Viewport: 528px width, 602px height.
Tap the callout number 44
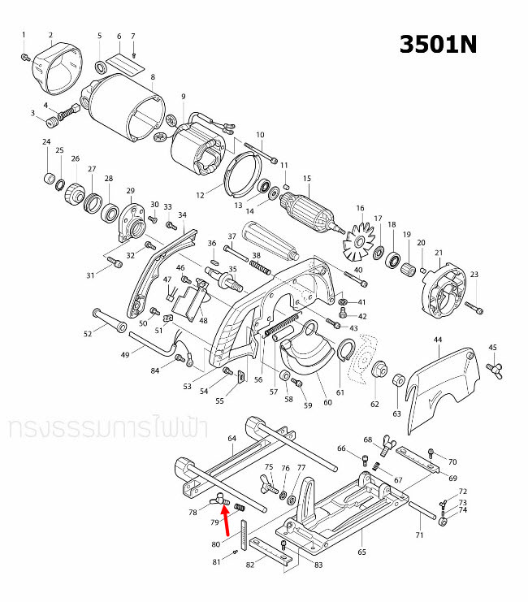[x=437, y=339]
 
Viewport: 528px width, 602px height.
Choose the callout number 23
[x=474, y=275]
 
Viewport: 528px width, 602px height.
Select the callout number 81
[x=216, y=561]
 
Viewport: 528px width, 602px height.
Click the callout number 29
[x=129, y=191]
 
